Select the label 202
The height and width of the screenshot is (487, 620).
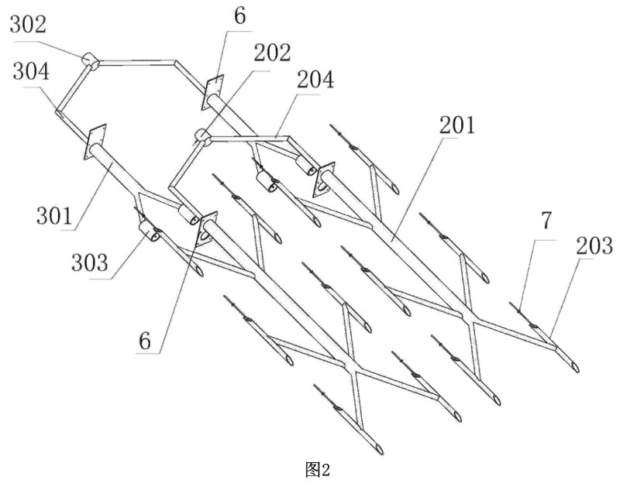click(272, 53)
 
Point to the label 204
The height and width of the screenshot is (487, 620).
click(316, 80)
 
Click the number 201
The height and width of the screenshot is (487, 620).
click(458, 124)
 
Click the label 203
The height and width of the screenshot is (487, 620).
click(595, 247)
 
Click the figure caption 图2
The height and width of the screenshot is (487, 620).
click(319, 468)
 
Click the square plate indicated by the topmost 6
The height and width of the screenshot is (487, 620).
click(213, 91)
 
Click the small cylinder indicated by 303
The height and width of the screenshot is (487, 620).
click(149, 231)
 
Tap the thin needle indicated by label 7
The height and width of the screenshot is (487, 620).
click(521, 309)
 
